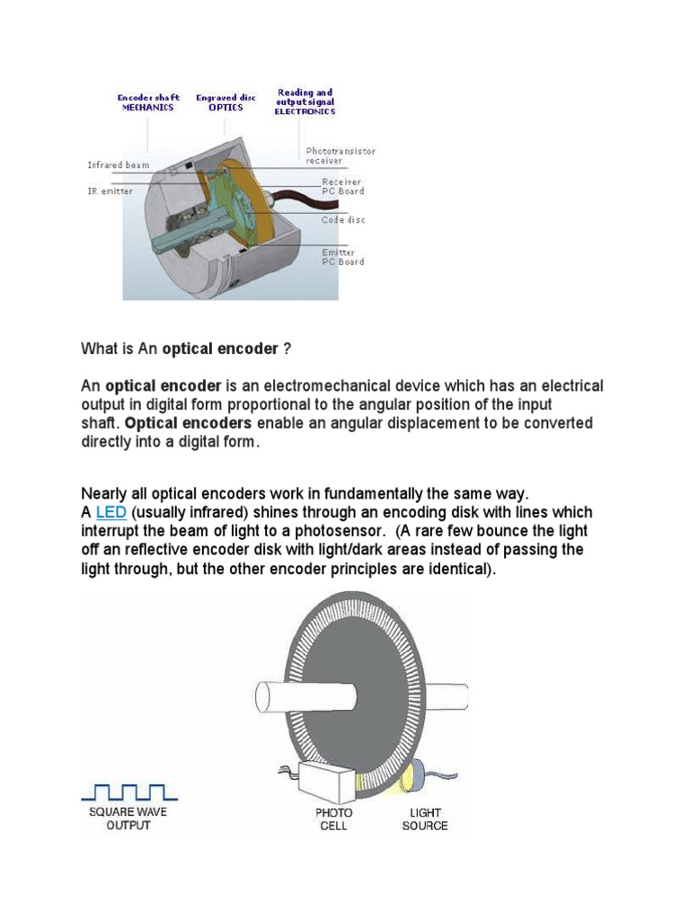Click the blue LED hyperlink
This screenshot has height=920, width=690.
(x=111, y=512)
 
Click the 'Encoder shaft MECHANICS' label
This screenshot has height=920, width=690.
(x=148, y=102)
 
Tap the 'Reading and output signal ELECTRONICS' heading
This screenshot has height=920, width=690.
(x=305, y=102)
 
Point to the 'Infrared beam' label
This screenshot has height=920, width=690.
(x=118, y=165)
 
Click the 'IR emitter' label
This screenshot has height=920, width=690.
(x=110, y=191)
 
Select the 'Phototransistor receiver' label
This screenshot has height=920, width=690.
(x=349, y=156)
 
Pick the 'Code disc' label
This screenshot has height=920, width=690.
(x=343, y=220)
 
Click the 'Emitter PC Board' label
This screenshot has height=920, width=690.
(x=343, y=257)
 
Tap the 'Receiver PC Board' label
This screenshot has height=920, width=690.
(x=343, y=186)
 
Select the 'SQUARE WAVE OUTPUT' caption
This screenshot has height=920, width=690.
(x=128, y=818)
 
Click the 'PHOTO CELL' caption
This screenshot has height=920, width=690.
(x=333, y=818)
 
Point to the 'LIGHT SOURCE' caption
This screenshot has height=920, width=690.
(x=425, y=818)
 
